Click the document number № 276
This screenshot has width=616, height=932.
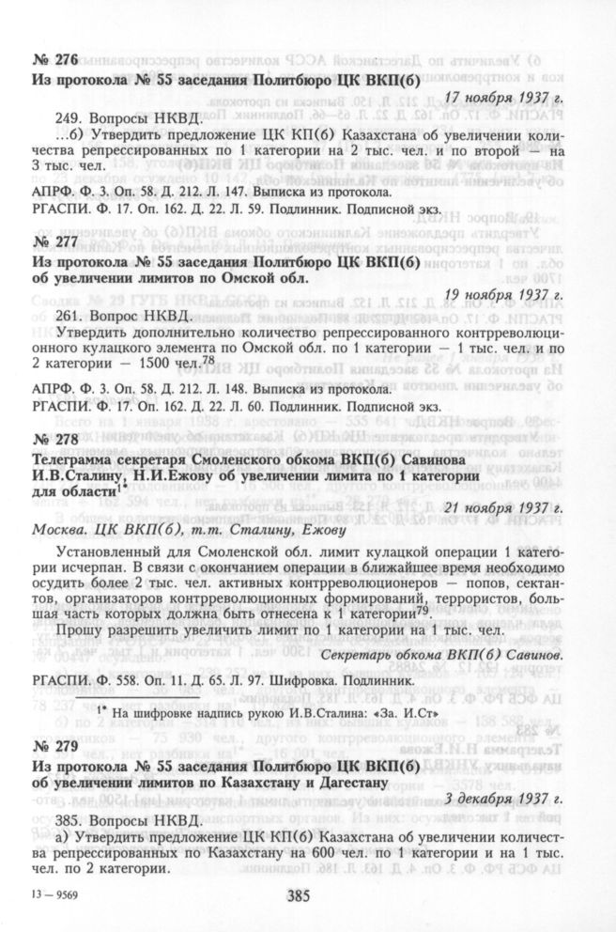click(x=52, y=61)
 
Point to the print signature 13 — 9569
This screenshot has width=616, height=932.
click(x=55, y=894)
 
